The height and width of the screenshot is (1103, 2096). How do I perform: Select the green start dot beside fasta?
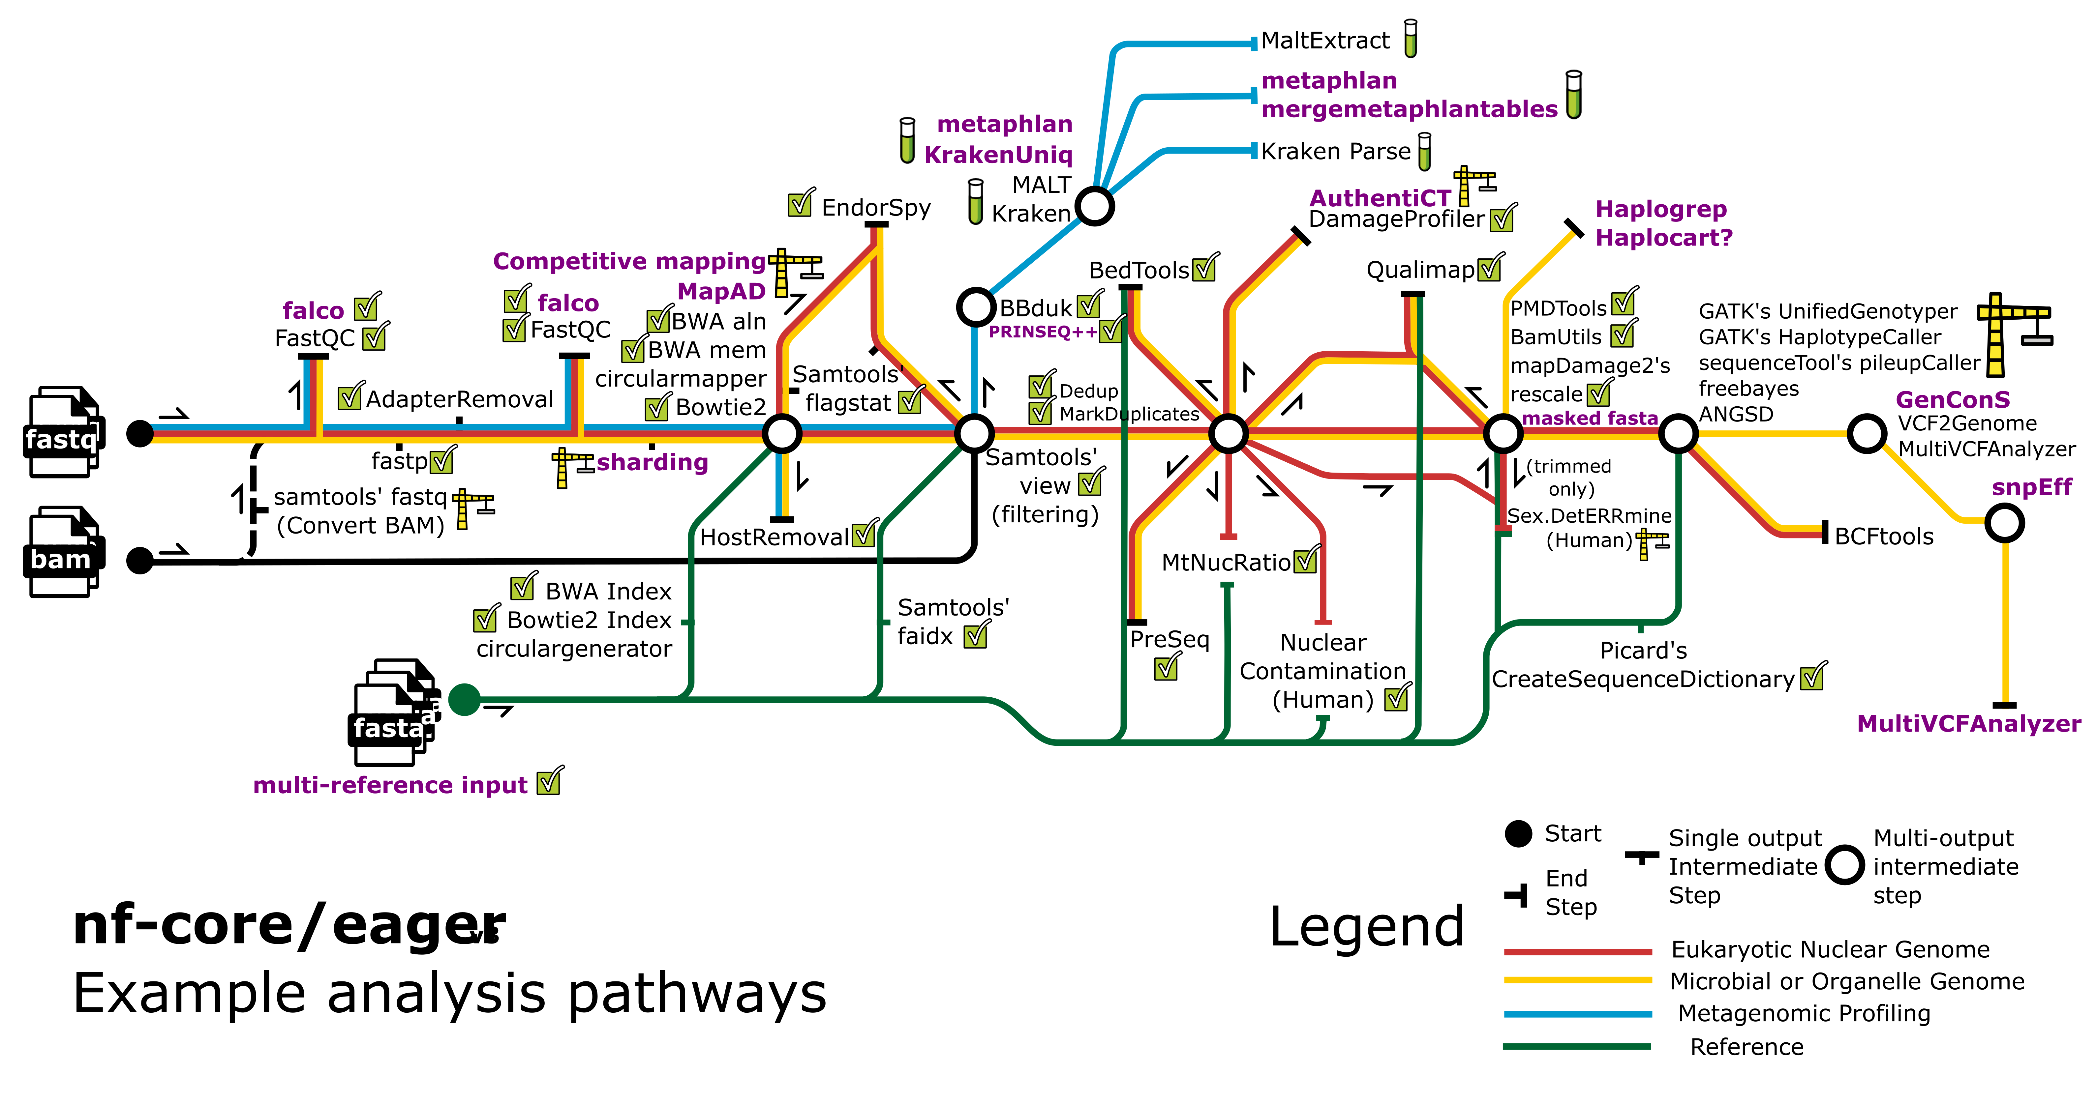click(465, 700)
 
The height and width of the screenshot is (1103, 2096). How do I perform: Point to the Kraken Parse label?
click(1335, 151)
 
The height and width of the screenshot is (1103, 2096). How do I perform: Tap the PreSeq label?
click(1169, 639)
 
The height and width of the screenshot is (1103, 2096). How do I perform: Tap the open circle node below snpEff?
click(2004, 524)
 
